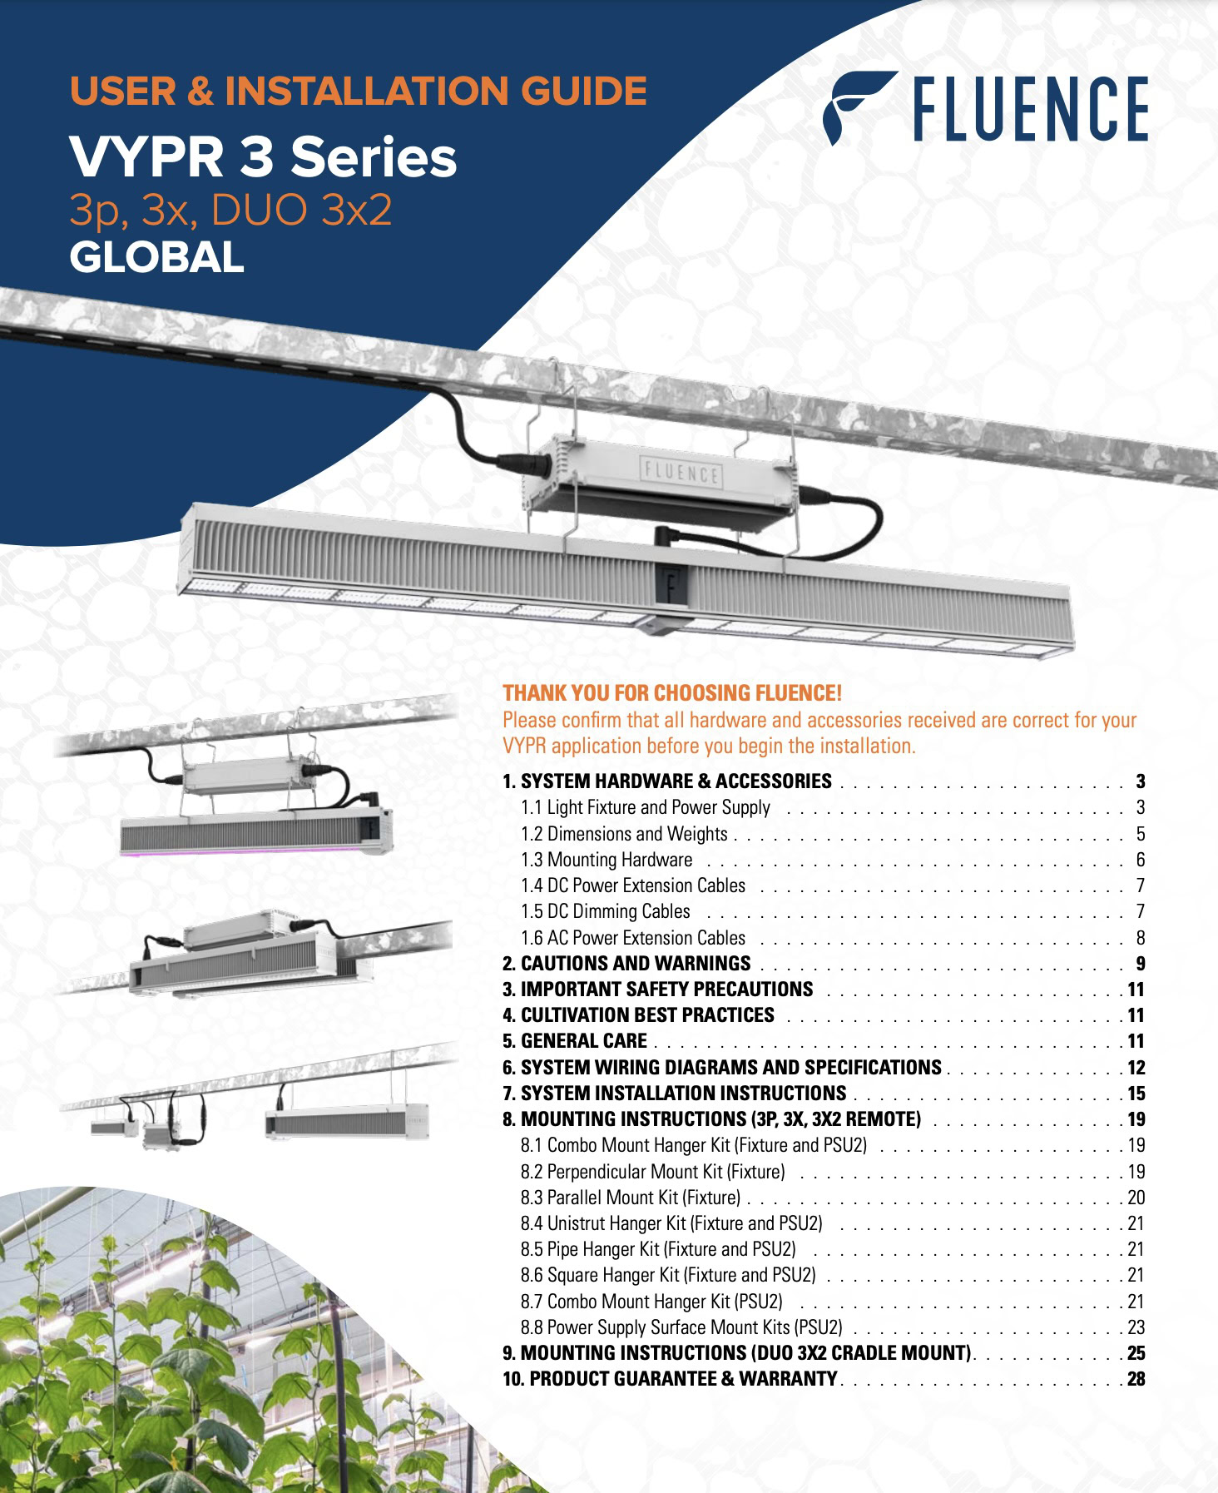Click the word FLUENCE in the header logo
(x=1030, y=109)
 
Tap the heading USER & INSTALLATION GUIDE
(x=358, y=91)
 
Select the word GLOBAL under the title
(x=156, y=257)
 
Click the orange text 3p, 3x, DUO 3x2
(x=230, y=210)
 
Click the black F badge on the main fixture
(x=671, y=583)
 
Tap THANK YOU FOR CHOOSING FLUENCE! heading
(x=672, y=693)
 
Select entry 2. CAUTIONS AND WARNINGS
(x=626, y=964)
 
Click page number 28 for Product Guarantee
(x=1136, y=1379)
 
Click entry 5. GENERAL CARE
(x=575, y=1041)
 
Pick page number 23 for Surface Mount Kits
(x=1136, y=1327)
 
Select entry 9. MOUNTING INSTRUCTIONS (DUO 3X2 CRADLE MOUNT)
(x=737, y=1353)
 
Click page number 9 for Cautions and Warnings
(x=1140, y=964)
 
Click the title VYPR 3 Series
(x=263, y=156)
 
